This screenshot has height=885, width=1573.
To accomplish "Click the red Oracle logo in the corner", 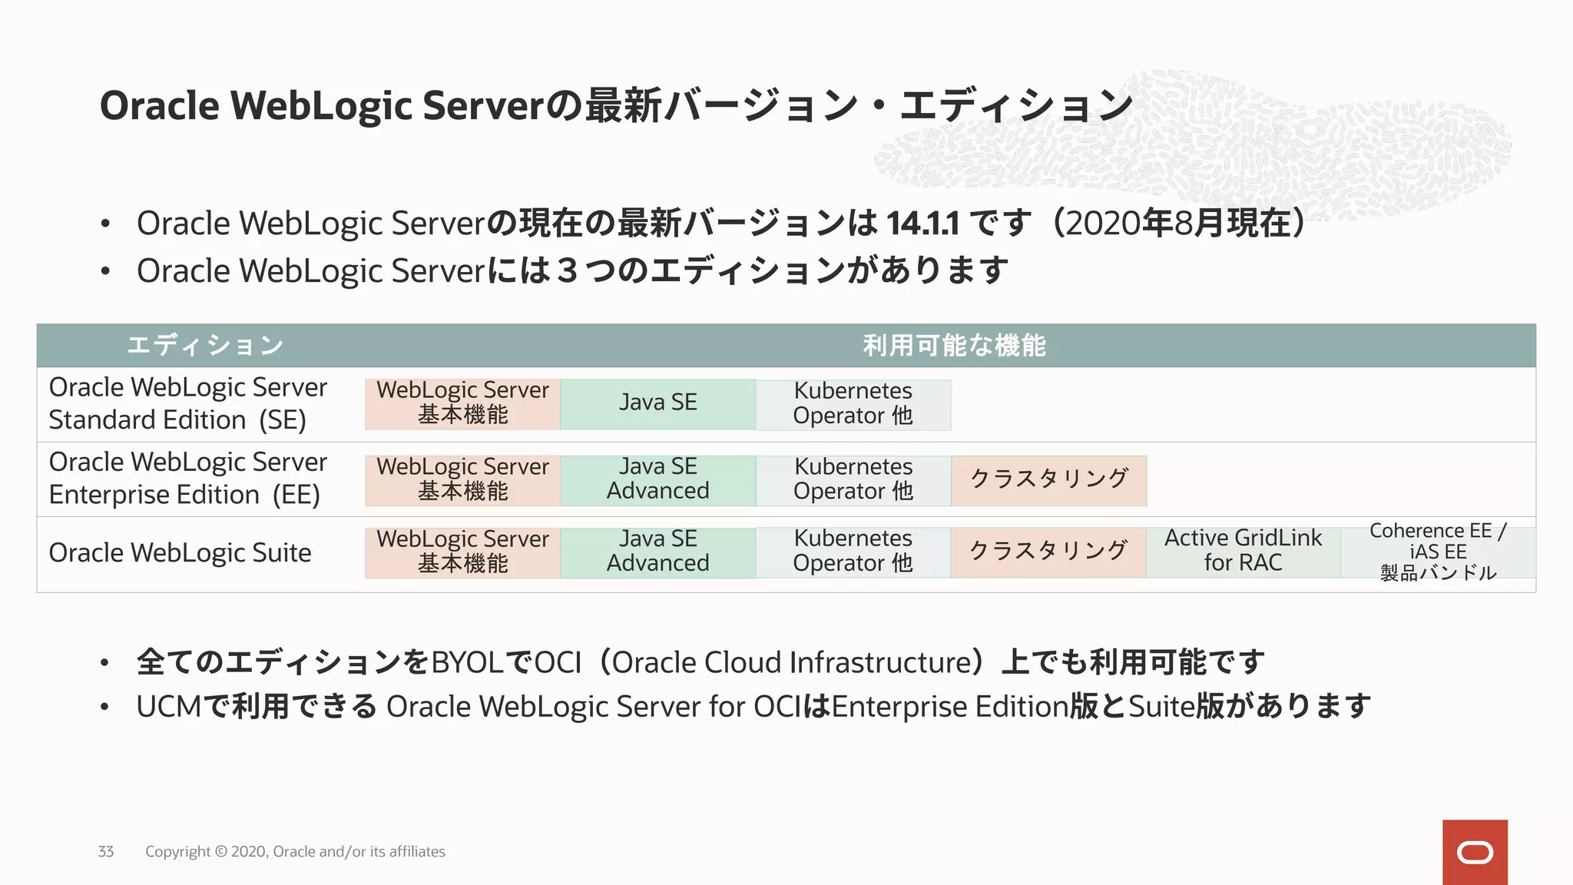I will (x=1474, y=852).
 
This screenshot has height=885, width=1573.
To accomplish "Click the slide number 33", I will (x=106, y=851).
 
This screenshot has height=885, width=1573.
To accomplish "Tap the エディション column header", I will (x=205, y=346).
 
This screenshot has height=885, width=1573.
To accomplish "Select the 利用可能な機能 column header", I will (x=954, y=346).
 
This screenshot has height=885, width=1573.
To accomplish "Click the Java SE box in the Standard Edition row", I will (x=658, y=403).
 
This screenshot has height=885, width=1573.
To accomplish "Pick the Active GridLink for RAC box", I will (x=1243, y=551).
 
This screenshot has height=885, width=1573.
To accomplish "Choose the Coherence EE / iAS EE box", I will (x=1438, y=552).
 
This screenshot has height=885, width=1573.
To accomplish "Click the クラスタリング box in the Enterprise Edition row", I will (x=1049, y=479).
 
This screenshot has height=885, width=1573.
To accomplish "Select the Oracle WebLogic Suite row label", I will (x=180, y=553).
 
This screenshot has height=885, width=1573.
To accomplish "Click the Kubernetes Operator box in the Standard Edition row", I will (x=853, y=404).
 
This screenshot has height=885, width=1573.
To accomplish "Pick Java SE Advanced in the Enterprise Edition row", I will (x=658, y=479).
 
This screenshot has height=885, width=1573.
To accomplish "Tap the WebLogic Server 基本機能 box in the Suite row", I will (x=462, y=552).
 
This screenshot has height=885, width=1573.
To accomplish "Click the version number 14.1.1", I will (x=922, y=224).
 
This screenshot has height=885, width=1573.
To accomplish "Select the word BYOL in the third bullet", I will (x=467, y=662).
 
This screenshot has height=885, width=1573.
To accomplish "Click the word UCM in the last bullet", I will (x=168, y=707).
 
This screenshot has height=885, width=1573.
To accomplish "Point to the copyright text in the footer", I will (x=295, y=851).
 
